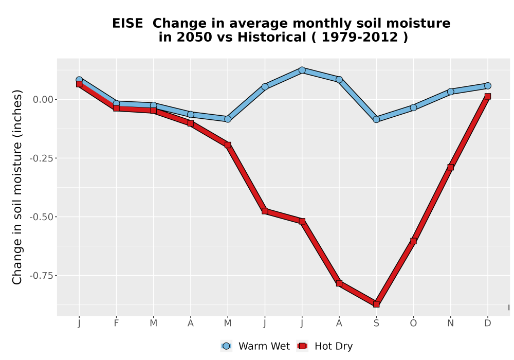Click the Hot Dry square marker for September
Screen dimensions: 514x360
point(376,304)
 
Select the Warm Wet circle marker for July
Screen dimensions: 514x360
point(302,70)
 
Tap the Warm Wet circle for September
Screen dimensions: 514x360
point(376,119)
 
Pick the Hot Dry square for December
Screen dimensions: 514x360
point(488,96)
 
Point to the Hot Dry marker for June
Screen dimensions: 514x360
point(265,211)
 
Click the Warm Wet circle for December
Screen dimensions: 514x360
point(488,86)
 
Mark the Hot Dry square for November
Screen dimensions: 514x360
point(451,167)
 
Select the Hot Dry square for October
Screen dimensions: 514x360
point(413,241)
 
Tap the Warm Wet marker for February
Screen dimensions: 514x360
point(116,103)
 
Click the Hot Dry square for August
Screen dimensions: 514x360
point(339,283)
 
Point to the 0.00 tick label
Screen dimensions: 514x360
point(43,100)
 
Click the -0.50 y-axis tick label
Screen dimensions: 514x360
point(41,217)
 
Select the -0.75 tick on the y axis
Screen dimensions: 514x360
point(41,276)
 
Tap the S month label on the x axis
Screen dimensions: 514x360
point(376,323)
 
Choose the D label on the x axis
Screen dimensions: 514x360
point(488,323)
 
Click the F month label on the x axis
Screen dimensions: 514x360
point(116,323)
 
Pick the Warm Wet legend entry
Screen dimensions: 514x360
point(255,346)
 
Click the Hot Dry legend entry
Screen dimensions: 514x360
point(324,346)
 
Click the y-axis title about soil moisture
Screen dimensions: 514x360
point(17,187)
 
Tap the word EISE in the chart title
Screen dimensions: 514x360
point(127,24)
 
